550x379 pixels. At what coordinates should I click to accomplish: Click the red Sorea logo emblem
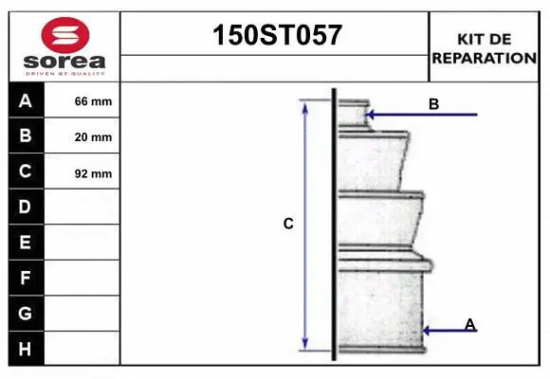pyautogui.click(x=65, y=35)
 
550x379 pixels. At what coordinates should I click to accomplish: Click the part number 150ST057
pyautogui.click(x=277, y=35)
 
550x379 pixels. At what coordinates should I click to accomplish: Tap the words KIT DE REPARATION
pyautogui.click(x=484, y=48)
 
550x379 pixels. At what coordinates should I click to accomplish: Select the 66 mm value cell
pyautogui.click(x=82, y=100)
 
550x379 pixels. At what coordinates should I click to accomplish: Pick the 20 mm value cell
pyautogui.click(x=82, y=135)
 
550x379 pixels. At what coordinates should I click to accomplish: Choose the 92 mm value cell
pyautogui.click(x=82, y=171)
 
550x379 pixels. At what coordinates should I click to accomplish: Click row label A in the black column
pyautogui.click(x=26, y=101)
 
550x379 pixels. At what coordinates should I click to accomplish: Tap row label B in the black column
pyautogui.click(x=26, y=135)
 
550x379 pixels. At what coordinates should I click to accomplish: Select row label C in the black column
pyautogui.click(x=26, y=171)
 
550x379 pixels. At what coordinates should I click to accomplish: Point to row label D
pyautogui.click(x=26, y=207)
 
